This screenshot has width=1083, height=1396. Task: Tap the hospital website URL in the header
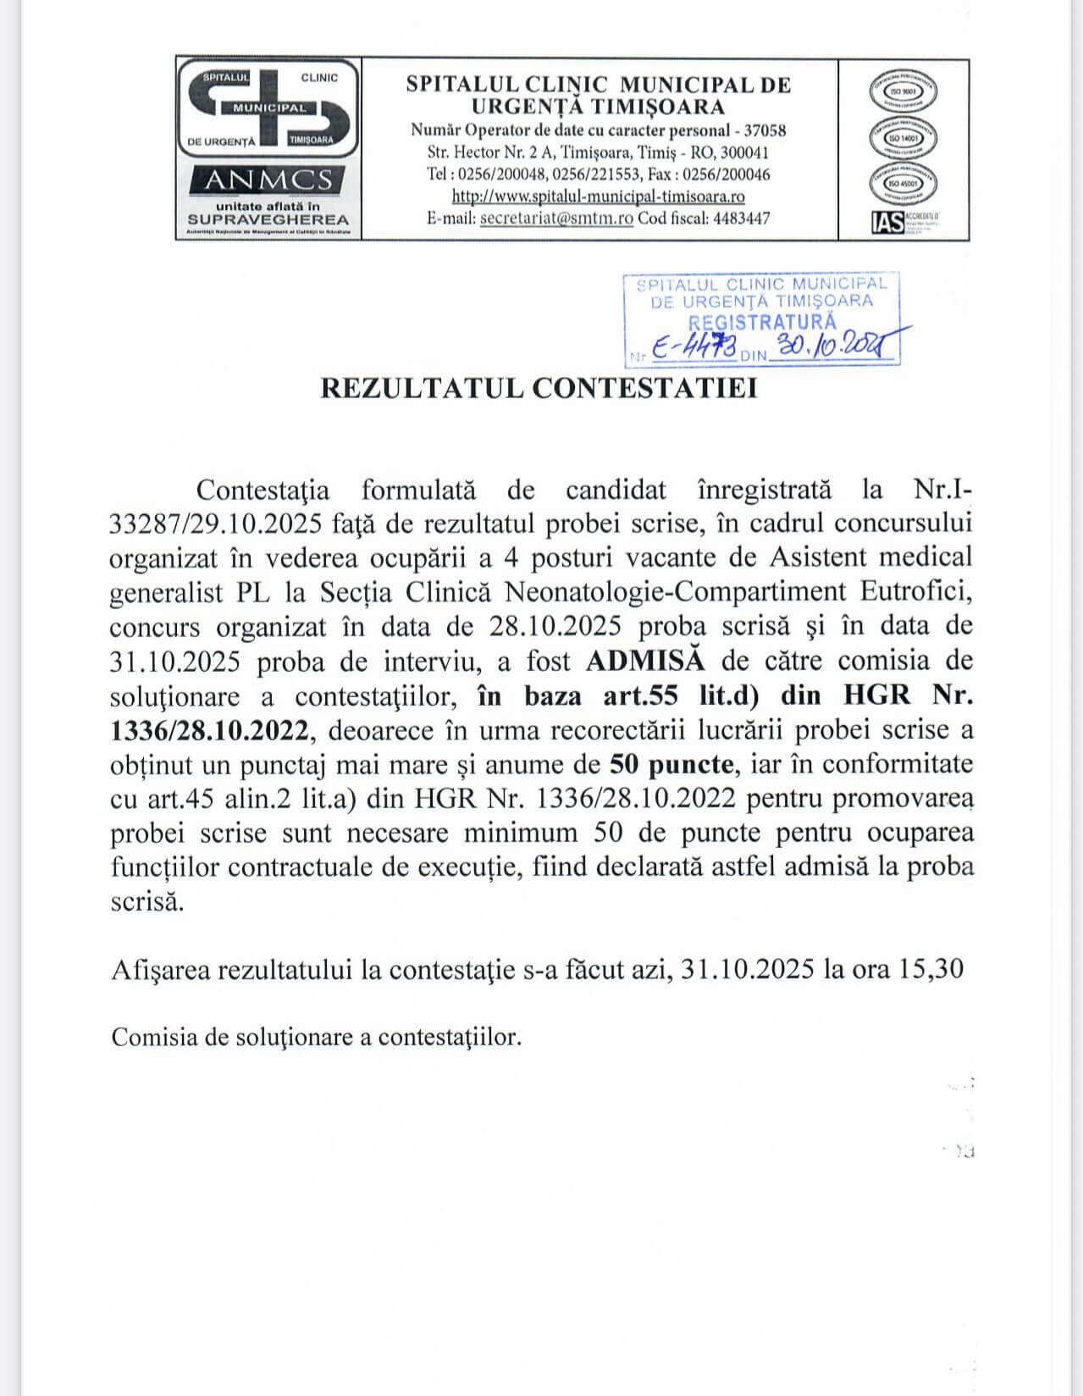pos(598,197)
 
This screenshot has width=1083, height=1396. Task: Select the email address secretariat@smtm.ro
pos(556,219)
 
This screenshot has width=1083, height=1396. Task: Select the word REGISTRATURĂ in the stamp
pos(762,322)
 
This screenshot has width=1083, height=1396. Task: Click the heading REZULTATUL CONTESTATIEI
pos(539,388)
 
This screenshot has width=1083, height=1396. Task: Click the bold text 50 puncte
pos(672,764)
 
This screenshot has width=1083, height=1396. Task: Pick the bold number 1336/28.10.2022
pos(214,729)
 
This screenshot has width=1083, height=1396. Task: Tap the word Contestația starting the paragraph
pos(262,489)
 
